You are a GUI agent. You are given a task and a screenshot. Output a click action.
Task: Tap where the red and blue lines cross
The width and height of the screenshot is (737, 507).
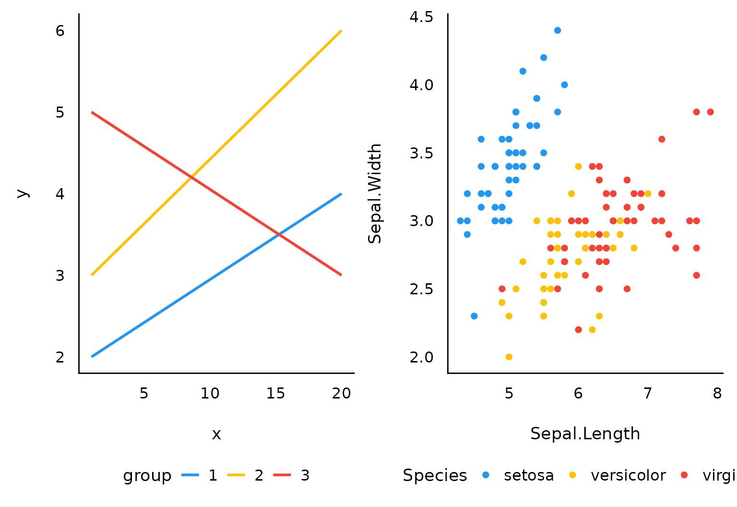(x=279, y=234)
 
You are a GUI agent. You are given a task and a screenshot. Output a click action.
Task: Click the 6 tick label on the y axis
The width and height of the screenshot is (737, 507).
(x=60, y=31)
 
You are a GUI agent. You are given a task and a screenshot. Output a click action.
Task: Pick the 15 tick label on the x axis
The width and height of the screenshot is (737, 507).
(x=275, y=394)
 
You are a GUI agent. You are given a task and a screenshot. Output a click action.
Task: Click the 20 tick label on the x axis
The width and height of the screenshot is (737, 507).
(x=342, y=394)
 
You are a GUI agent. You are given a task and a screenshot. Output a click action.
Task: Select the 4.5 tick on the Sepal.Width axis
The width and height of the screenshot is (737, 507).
(x=421, y=17)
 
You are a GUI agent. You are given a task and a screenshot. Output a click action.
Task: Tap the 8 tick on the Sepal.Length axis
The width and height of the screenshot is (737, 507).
(x=717, y=394)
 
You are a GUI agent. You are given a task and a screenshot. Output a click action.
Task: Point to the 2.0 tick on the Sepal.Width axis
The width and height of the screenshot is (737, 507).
(x=421, y=357)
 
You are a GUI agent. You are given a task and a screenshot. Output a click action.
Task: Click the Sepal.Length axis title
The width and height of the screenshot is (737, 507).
(x=585, y=434)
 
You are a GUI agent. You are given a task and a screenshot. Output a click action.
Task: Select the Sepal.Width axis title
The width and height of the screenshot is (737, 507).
(x=375, y=193)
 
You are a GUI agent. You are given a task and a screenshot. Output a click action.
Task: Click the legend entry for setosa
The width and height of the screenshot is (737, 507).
(x=528, y=475)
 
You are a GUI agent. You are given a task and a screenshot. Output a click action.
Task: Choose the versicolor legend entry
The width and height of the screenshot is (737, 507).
(x=628, y=475)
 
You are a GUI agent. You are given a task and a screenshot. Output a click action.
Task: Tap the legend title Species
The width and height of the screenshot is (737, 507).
(x=435, y=475)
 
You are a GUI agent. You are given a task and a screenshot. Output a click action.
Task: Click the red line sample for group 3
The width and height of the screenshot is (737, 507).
(x=282, y=475)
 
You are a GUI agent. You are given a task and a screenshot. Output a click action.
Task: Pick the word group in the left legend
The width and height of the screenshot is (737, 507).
(x=147, y=476)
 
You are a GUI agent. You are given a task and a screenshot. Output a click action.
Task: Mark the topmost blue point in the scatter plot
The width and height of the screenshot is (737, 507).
(x=557, y=30)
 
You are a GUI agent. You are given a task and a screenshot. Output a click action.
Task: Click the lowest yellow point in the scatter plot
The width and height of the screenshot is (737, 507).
(x=509, y=357)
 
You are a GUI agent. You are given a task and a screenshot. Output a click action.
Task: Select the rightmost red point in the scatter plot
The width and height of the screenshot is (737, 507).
(x=710, y=112)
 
